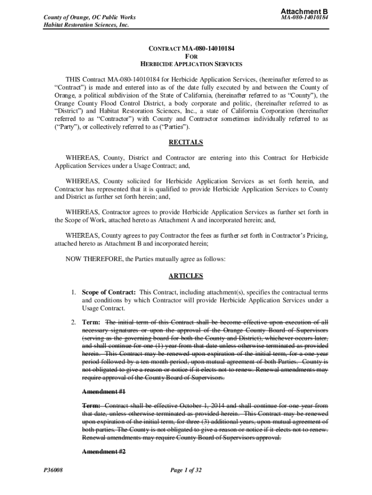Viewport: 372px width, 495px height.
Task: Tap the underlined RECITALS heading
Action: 186,143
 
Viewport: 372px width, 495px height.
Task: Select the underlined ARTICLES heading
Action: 186,276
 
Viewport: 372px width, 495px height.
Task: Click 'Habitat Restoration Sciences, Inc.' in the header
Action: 80,26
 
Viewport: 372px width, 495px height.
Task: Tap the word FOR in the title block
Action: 186,57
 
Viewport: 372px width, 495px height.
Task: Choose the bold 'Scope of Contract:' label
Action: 109,292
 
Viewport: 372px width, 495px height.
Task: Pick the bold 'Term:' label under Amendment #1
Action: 91,406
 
